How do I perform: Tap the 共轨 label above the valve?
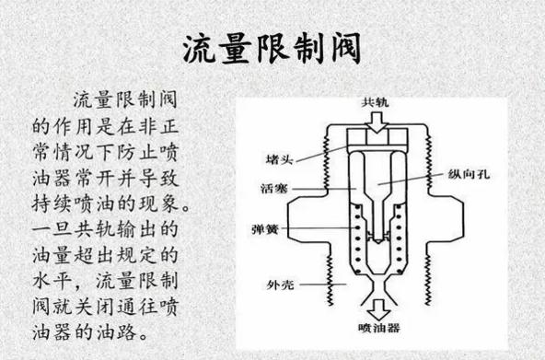tap(375, 101)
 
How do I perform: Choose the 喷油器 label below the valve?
tap(376, 328)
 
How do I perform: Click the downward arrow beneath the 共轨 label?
tap(375, 122)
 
